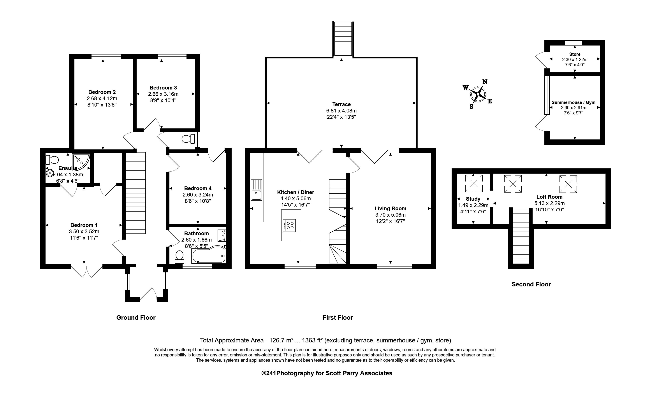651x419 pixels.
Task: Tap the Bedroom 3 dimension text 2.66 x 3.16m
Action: [x=163, y=94]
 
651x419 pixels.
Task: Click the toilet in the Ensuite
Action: [x=52, y=160]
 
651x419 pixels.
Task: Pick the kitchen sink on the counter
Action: [x=256, y=190]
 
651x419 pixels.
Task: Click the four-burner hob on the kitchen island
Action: [x=290, y=225]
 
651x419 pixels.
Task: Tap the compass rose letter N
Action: [x=485, y=82]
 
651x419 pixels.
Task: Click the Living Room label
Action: [x=390, y=209]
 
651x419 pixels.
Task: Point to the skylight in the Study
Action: [x=473, y=183]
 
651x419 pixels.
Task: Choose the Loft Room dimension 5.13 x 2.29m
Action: [x=549, y=203]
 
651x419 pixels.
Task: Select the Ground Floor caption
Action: [x=136, y=317]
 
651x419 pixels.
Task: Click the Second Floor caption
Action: [x=531, y=284]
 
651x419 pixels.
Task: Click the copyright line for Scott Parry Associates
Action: [x=327, y=373]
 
